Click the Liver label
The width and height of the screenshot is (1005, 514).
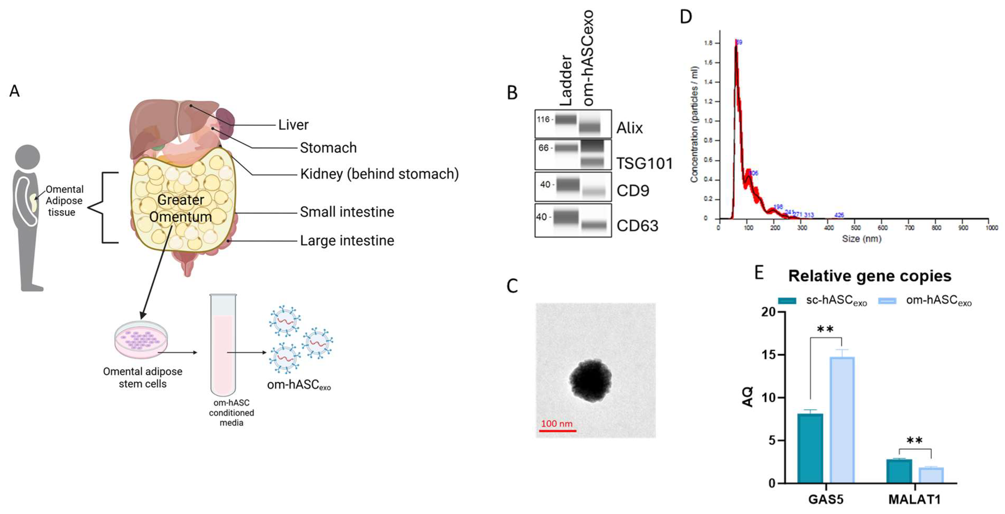tap(293, 125)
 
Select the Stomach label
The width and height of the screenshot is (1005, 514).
tap(328, 148)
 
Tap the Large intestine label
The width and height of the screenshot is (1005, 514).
tap(347, 241)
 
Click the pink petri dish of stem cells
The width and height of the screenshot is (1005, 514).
tap(141, 339)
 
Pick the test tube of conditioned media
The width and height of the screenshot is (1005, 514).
tap(223, 345)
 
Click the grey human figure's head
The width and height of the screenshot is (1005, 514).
tap(27, 157)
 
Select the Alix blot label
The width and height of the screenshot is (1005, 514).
tap(629, 128)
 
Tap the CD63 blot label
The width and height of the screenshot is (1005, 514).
tap(637, 226)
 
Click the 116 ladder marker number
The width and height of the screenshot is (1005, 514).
tap(543, 119)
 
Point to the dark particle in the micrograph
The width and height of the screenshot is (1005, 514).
tap(590, 380)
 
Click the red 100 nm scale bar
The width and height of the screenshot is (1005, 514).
tap(558, 431)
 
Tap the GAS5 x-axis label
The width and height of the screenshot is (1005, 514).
tap(826, 500)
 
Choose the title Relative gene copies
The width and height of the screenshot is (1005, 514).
tap(870, 276)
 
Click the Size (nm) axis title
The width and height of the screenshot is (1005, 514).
tap(861, 239)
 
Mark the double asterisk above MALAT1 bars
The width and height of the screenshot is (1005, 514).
tap(914, 441)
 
